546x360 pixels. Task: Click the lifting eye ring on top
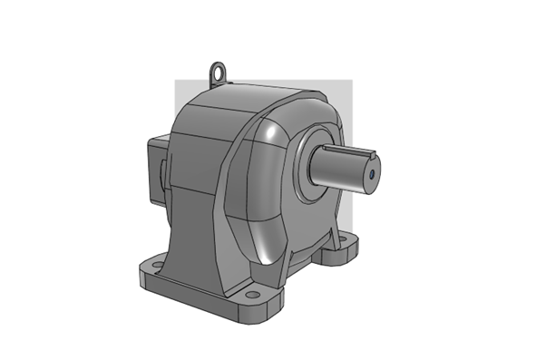click(x=218, y=69)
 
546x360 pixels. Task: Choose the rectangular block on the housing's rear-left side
click(x=151, y=172)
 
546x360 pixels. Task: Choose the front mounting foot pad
click(x=258, y=305)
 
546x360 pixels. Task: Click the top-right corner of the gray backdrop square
click(x=350, y=81)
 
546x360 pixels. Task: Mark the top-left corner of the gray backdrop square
click(x=176, y=81)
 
